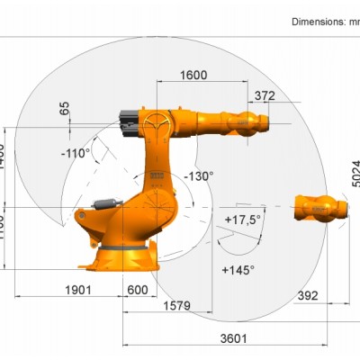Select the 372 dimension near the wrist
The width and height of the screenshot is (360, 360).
click(x=265, y=95)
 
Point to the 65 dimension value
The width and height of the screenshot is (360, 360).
click(x=64, y=108)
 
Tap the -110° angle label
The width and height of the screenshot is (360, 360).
click(x=76, y=153)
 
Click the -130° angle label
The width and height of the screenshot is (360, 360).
click(x=198, y=175)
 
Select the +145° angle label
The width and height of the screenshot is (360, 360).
click(x=238, y=269)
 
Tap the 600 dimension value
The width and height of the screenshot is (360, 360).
click(x=137, y=290)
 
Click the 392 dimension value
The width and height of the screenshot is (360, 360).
click(x=308, y=294)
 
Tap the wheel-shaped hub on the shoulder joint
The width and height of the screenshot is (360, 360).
click(x=158, y=122)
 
